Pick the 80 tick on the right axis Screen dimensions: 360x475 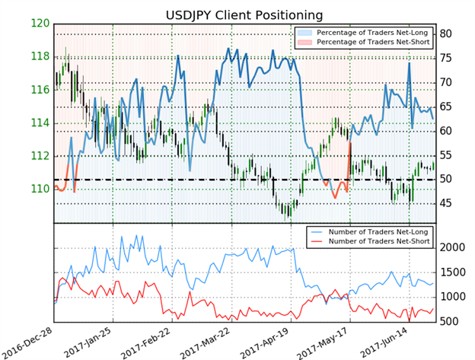pos(447,33)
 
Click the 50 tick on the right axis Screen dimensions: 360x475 pos(447,180)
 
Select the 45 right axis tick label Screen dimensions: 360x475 pos(447,204)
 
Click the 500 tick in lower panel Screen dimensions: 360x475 pos(450,322)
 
